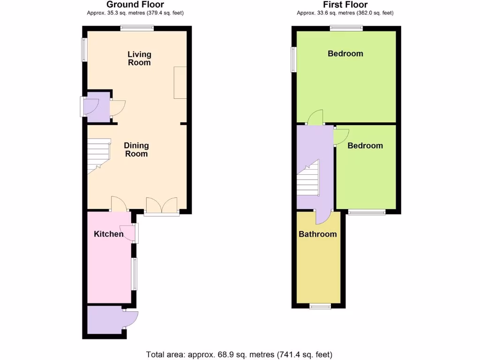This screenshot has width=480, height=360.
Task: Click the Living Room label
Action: (139, 59)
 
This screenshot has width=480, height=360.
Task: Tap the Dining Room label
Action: (136, 150)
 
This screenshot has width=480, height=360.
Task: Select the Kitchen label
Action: (109, 234)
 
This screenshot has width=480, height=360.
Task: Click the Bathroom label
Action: (318, 234)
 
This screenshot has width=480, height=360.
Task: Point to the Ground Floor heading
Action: (135, 5)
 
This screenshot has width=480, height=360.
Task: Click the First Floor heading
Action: (345, 5)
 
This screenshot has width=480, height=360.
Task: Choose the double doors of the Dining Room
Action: (162, 206)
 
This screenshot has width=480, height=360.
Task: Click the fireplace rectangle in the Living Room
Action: (180, 82)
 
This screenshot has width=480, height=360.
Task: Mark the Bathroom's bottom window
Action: (320, 306)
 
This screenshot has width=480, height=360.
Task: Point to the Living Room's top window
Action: (137, 28)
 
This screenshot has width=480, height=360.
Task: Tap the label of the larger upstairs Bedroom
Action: (345, 53)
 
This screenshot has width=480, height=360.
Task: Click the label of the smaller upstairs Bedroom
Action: (365, 145)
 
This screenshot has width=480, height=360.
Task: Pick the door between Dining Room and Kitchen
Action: (120, 204)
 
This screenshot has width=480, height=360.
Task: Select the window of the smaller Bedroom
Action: (367, 212)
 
